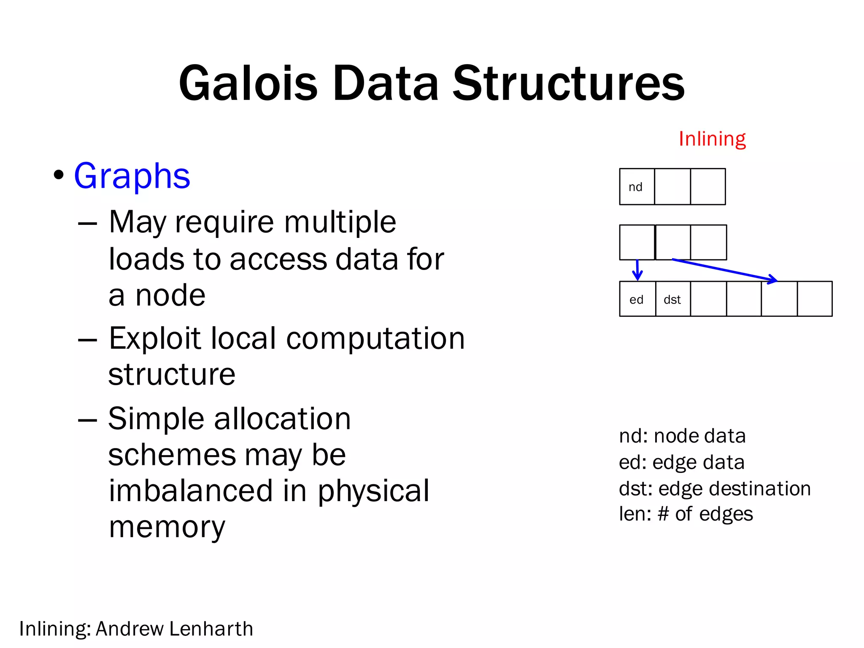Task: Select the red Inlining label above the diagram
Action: click(x=712, y=139)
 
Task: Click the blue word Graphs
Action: click(x=132, y=176)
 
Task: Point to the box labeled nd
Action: click(x=637, y=187)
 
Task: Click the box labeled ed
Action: click(x=637, y=299)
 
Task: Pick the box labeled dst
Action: click(x=672, y=299)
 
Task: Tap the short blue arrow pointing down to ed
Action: click(x=637, y=270)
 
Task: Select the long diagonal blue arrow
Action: click(x=725, y=270)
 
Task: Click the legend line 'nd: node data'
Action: click(x=682, y=436)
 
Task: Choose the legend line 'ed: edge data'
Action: click(x=681, y=462)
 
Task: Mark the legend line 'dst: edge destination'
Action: click(x=715, y=489)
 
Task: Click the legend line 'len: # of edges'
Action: click(x=686, y=514)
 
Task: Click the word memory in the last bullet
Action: click(x=167, y=527)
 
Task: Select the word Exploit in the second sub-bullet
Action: click(x=156, y=338)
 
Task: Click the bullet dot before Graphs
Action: click(x=59, y=175)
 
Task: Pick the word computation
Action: click(x=375, y=338)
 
